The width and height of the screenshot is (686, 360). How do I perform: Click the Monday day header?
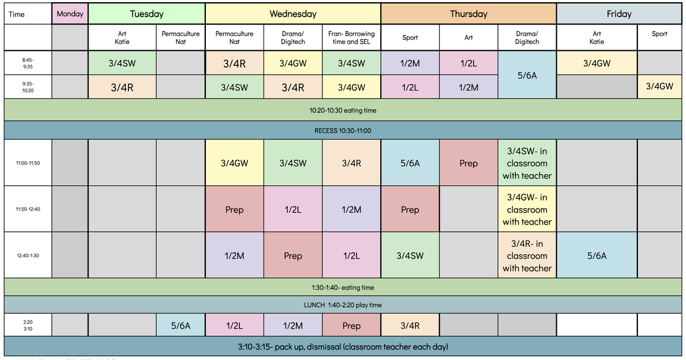[x=70, y=14]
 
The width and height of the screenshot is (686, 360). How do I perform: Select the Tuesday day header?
[x=147, y=14]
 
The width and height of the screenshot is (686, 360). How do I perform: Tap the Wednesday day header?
[x=293, y=14]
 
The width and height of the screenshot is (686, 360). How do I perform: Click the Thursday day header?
[x=469, y=14]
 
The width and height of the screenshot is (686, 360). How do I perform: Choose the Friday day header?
[x=619, y=14]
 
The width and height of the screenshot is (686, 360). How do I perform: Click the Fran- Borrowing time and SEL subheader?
[x=351, y=38]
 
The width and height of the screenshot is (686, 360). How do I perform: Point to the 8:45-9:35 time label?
[x=28, y=63]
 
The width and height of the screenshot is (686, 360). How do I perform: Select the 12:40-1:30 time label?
[x=28, y=255]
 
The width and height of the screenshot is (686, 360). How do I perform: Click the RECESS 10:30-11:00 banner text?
[x=342, y=131]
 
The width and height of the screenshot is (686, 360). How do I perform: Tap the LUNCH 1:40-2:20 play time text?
[x=342, y=305]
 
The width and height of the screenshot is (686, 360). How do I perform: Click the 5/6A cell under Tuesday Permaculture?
[x=181, y=325]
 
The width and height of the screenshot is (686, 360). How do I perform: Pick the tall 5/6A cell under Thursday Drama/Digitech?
[x=527, y=75]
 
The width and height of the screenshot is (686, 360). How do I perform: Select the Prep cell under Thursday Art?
[x=468, y=163]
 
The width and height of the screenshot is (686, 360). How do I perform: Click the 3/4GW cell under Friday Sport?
[x=659, y=87]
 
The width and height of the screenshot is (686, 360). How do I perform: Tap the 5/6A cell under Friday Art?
[x=597, y=255]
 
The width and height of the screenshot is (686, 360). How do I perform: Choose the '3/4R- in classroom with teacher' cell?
[x=527, y=255]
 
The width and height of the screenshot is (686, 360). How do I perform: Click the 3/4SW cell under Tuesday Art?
[x=122, y=63]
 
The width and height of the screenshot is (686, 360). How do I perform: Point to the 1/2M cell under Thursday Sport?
[x=410, y=63]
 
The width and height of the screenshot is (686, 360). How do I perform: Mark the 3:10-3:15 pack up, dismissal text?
[x=342, y=346]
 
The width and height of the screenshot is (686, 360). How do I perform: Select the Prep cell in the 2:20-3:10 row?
[x=351, y=325]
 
